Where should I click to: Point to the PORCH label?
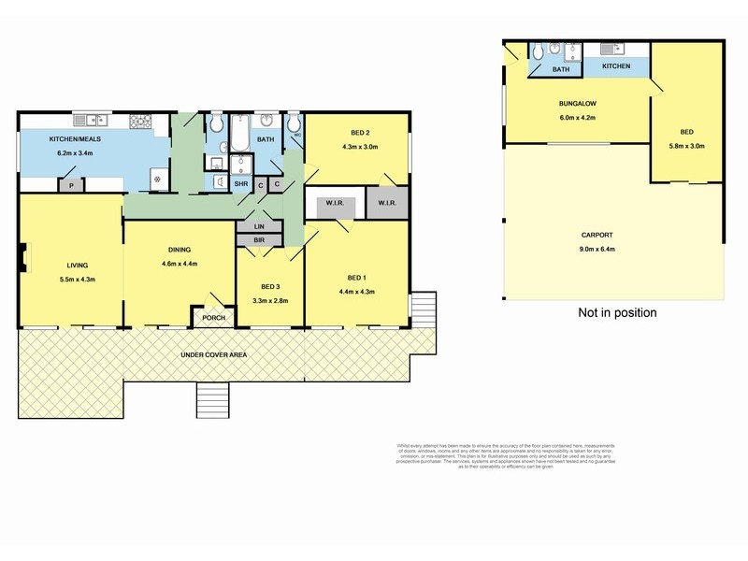click(x=208, y=319)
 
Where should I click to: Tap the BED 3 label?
click(x=269, y=286)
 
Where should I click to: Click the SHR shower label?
click(x=240, y=184)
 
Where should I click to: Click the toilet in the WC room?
click(x=294, y=124)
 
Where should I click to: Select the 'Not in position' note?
click(x=617, y=313)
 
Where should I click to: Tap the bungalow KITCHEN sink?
click(x=610, y=49)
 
